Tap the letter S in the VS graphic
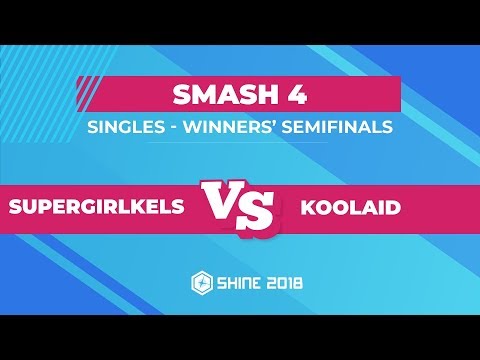click(258, 211)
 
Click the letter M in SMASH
click(201, 97)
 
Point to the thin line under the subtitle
click(240, 142)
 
